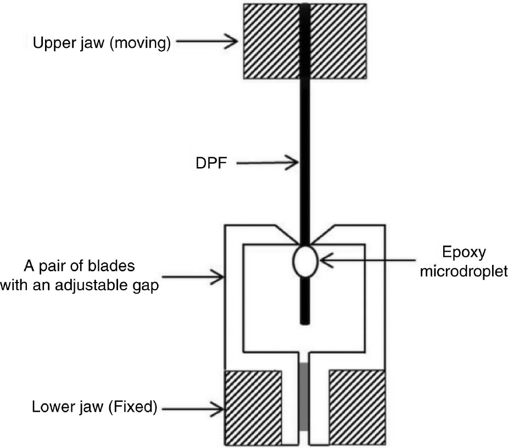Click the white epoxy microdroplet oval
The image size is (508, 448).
coord(305,261)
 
